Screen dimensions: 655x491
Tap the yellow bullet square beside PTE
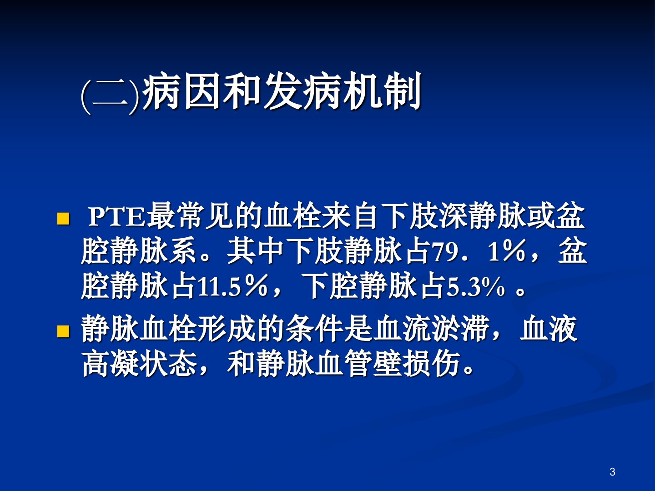pyautogui.click(x=63, y=219)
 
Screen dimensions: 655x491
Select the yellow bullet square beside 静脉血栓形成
pyautogui.click(x=63, y=331)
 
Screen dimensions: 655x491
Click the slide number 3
pyautogui.click(x=612, y=471)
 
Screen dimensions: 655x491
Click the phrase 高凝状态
pyautogui.click(x=140, y=364)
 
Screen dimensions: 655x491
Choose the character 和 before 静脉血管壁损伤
pyautogui.click(x=241, y=364)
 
